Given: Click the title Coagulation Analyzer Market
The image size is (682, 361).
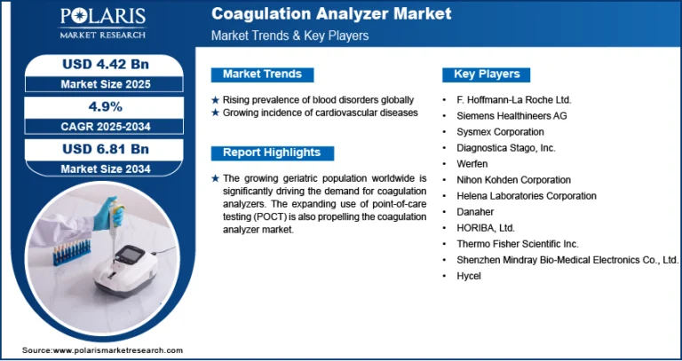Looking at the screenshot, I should tap(331, 14).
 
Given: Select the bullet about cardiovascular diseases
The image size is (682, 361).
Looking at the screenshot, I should tap(320, 113).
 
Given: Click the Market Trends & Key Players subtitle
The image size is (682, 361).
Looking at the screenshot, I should tap(289, 36).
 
